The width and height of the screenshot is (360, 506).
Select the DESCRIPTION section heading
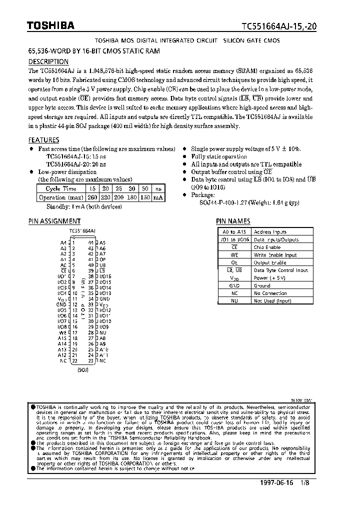(x=48, y=62)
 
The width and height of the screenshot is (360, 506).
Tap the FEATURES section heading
(x=43, y=140)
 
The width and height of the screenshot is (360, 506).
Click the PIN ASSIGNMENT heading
(x=54, y=221)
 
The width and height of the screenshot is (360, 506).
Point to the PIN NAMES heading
(x=233, y=221)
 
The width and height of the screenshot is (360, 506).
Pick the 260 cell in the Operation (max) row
(x=92, y=197)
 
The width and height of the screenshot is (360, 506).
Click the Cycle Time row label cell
(x=60, y=188)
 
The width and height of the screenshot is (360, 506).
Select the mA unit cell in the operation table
(x=158, y=197)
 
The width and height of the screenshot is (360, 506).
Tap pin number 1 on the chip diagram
(x=73, y=242)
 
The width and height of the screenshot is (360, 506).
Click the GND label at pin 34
(x=104, y=299)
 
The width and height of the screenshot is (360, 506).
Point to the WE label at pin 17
(x=62, y=332)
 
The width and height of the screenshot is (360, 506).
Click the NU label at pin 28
(x=103, y=332)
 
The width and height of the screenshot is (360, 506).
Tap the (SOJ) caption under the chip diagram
(x=83, y=370)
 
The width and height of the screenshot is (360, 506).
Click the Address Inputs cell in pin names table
(x=270, y=232)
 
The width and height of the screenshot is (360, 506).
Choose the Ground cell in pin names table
(x=262, y=285)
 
